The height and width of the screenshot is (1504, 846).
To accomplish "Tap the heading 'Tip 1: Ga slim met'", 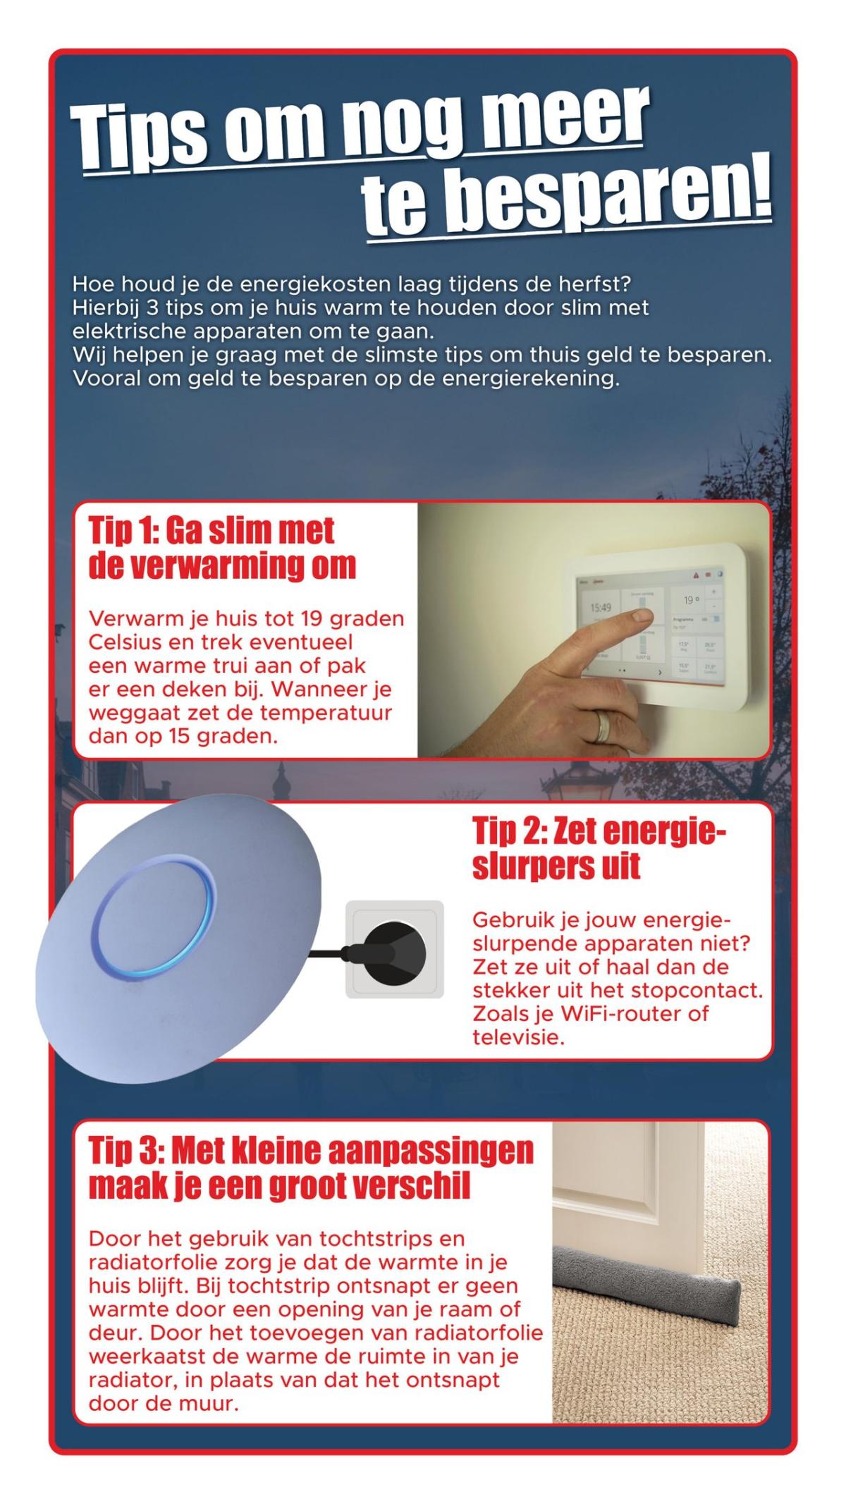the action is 211,530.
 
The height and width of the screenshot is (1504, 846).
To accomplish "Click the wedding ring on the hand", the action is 603,726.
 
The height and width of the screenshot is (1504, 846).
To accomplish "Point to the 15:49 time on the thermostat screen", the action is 601,607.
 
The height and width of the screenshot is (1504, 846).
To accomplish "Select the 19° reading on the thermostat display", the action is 691,600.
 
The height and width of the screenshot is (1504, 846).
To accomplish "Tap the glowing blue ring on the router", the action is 154,921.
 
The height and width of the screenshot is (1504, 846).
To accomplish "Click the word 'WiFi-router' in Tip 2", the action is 620,1014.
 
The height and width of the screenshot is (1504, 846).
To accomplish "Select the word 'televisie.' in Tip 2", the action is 519,1038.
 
